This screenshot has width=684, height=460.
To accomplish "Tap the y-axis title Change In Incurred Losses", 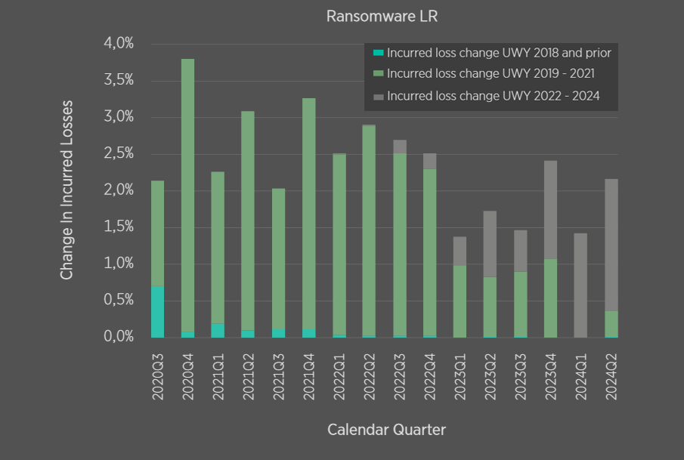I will pyautogui.click(x=67, y=190).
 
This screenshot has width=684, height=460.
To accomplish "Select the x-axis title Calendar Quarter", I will pyautogui.click(x=386, y=430).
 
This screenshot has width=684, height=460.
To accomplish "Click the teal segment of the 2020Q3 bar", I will pyautogui.click(x=157, y=312).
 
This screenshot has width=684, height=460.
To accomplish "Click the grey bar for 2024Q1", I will pyautogui.click(x=580, y=286).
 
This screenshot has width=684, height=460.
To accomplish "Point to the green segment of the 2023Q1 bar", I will pyautogui.click(x=460, y=301).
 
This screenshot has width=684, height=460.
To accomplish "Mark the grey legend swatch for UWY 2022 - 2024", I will pyautogui.click(x=379, y=97).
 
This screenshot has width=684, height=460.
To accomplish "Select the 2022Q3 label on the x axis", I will pyautogui.click(x=399, y=375).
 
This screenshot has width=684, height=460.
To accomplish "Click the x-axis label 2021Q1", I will pyautogui.click(x=218, y=375).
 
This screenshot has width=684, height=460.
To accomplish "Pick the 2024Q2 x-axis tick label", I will pyautogui.click(x=611, y=375).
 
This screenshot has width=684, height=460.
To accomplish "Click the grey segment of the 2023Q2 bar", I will pyautogui.click(x=490, y=244).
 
